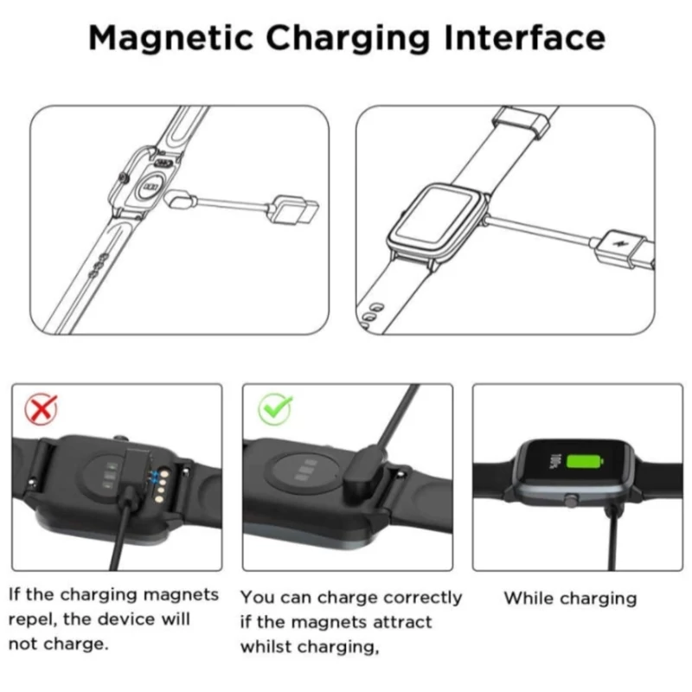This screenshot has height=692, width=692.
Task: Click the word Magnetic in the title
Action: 170,39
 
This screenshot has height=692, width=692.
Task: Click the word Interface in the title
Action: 525,38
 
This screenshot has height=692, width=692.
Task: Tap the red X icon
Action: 41,409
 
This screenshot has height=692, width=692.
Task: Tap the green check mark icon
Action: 275,408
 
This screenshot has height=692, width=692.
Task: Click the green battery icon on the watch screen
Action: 585,462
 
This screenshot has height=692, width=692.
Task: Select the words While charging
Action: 571,599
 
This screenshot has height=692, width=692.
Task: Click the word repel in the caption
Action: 33,620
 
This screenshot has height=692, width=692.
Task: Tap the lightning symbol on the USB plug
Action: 622,245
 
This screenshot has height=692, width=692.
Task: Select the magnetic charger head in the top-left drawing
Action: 180,198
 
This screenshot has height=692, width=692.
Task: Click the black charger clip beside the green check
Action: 364,473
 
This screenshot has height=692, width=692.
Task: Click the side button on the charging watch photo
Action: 571,501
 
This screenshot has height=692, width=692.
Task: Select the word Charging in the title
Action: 348,39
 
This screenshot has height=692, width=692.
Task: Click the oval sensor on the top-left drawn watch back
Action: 152,187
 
